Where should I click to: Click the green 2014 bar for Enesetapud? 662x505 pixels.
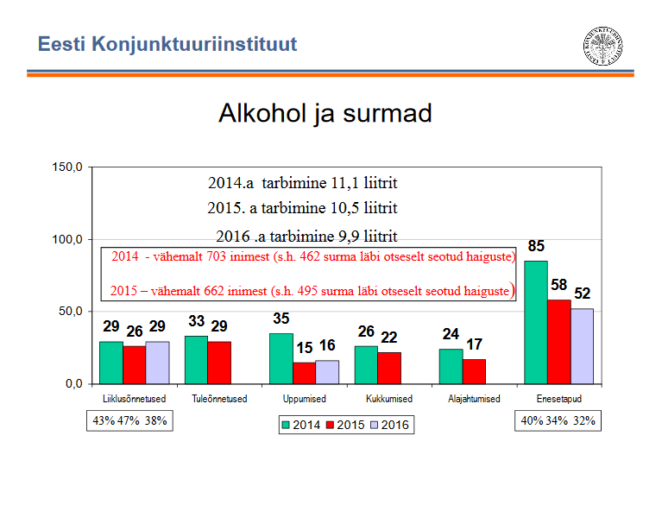(535, 321)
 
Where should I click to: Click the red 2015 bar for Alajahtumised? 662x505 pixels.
(474, 370)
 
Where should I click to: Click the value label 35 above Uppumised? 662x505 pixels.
(281, 319)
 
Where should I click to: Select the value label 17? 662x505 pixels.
(474, 345)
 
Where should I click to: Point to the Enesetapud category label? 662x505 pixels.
(558, 399)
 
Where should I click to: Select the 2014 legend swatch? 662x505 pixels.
(287, 425)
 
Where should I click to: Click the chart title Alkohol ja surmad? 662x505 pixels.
(325, 114)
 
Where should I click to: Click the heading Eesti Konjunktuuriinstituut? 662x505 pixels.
(167, 43)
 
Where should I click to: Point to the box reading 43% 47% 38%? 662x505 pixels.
(129, 421)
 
